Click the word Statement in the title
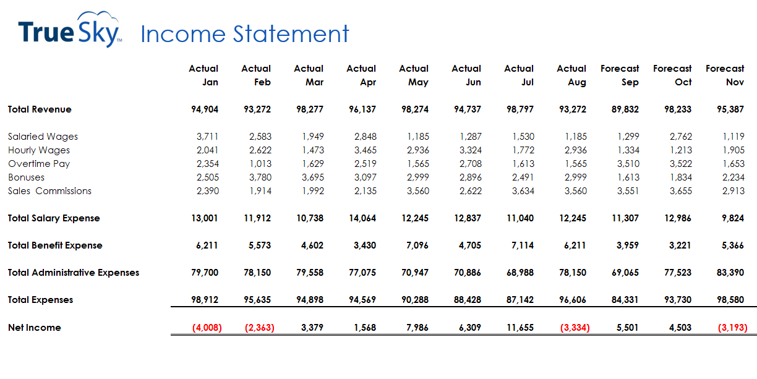pos(291,33)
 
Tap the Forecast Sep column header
pos(620,75)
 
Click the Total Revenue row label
pos(40,109)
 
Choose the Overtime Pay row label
pos(39,164)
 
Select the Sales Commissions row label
pos(49,191)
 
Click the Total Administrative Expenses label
pos(74,273)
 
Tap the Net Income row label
pos(35,328)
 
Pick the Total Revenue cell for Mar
pos(310,109)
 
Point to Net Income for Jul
pos(520,328)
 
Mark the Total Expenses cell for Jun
pos(468,300)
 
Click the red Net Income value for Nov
pos(732,328)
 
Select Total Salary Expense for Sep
pos(625,218)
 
